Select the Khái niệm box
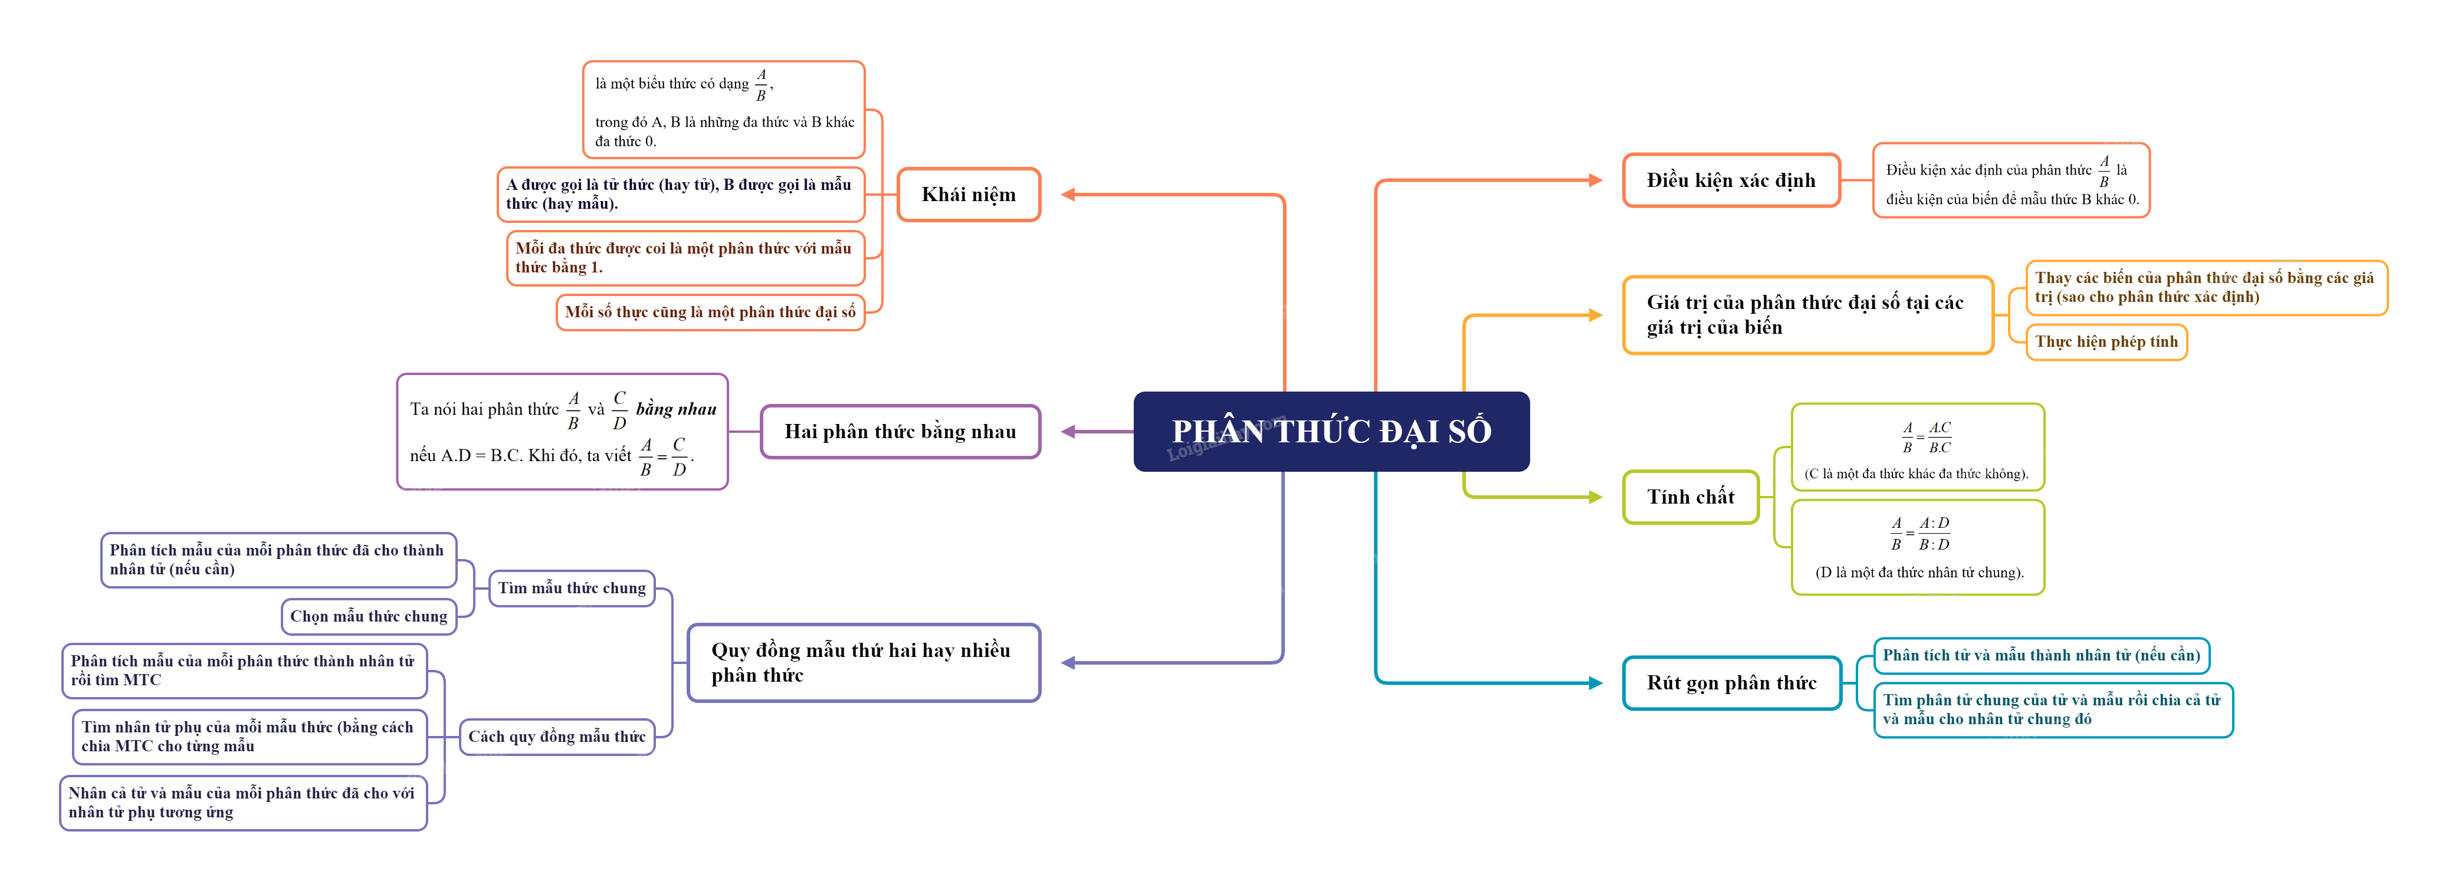[969, 195]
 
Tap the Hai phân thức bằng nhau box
[900, 431]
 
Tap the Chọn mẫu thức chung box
[369, 616]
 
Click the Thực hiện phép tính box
[2106, 342]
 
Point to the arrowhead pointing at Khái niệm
[1068, 195]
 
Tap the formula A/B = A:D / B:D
[1919, 534]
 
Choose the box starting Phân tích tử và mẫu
[2040, 655]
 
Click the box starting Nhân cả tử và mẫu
[242, 803]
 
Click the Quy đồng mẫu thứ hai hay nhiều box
[863, 663]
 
